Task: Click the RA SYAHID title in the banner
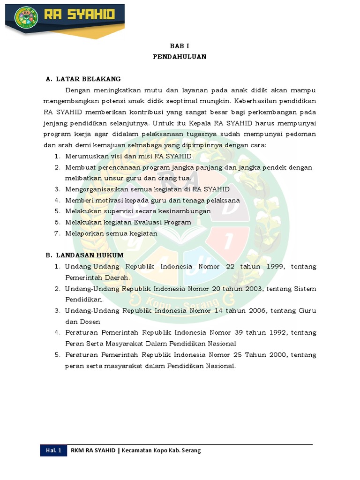(79, 15)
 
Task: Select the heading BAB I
(180, 46)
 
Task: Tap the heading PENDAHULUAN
(180, 57)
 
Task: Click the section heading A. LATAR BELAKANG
(83, 79)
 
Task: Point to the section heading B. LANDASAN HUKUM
(84, 255)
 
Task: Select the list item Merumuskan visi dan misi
(128, 156)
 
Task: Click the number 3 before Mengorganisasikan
(56, 189)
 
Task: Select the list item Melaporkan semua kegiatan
(111, 233)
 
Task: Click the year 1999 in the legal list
(272, 266)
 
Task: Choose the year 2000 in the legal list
(274, 354)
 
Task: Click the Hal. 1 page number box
(54, 450)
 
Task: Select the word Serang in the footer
(192, 450)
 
